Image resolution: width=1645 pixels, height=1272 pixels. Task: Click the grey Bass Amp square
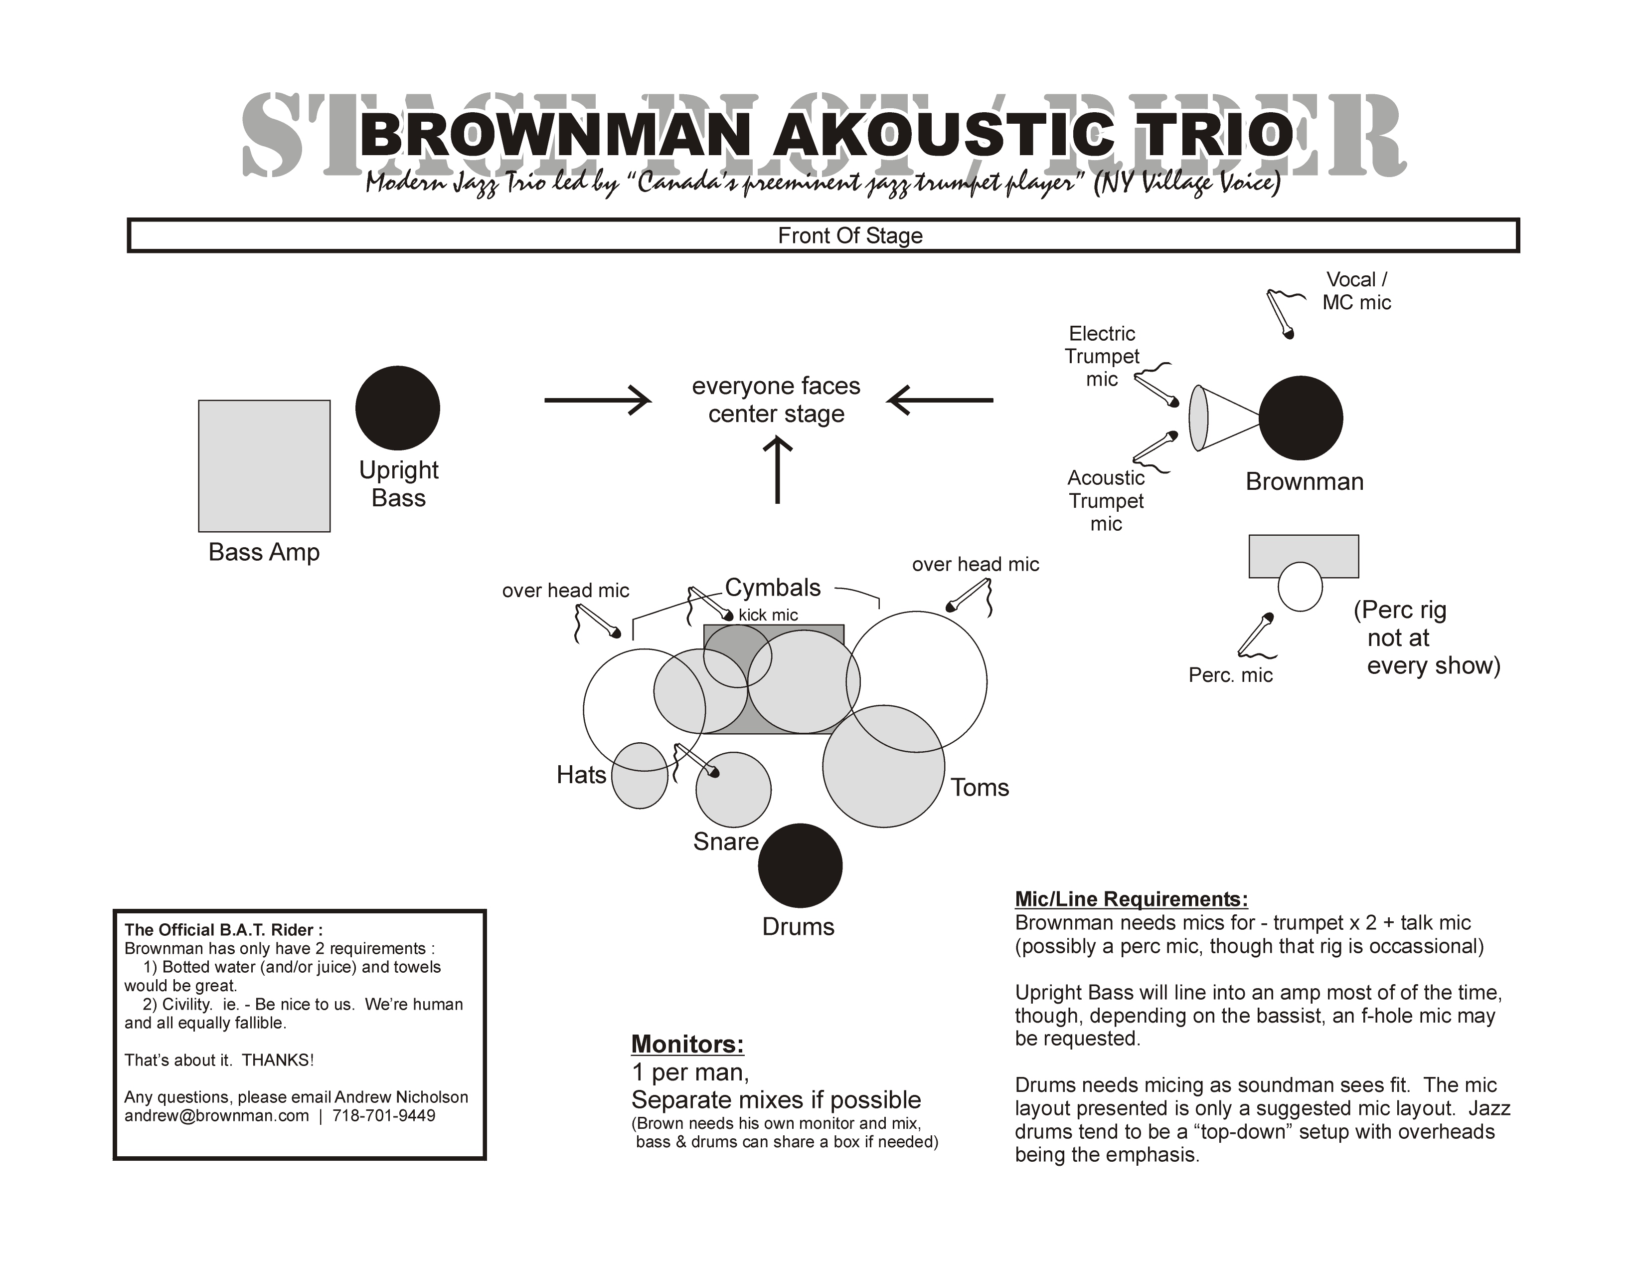pos(264,466)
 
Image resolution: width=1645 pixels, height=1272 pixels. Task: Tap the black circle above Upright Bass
pos(398,408)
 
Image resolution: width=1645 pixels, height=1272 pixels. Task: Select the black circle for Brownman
pos(1301,418)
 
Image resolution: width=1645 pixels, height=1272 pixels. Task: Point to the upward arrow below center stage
pos(777,471)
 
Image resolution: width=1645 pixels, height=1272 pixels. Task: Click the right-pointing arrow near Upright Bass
pos(597,400)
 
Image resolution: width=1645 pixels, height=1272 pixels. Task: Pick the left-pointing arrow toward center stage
pos(940,400)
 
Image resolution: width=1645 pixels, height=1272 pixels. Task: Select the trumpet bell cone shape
pos(1222,418)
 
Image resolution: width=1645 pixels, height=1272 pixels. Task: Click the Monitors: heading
pos(688,1044)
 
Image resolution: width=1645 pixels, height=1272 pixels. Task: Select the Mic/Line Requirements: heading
pos(1132,899)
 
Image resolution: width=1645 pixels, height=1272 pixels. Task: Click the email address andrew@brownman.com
pos(217,1115)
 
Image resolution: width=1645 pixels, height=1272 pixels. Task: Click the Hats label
pos(581,775)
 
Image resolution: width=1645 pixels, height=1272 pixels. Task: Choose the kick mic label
pos(768,615)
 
